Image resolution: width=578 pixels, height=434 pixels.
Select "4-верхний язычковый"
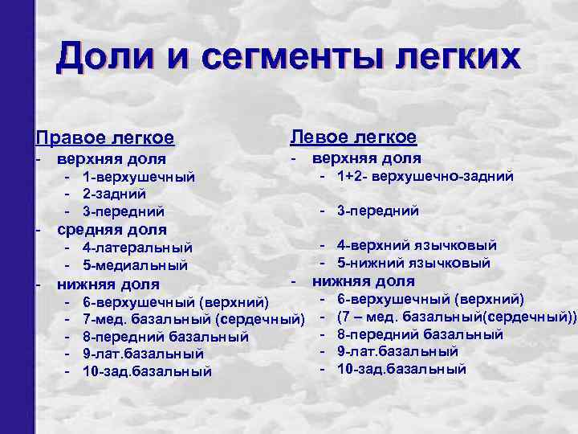coord(417,245)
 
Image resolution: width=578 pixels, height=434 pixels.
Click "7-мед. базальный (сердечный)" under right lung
coord(193,320)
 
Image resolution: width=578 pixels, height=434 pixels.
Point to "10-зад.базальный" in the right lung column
coord(147,371)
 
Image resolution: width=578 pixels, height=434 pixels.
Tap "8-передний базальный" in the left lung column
coord(420,334)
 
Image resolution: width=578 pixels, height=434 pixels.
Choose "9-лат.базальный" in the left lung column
coord(397,351)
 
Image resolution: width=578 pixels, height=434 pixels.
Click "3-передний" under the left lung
coord(378,211)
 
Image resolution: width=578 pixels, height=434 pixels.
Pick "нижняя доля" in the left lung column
coord(364,281)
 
